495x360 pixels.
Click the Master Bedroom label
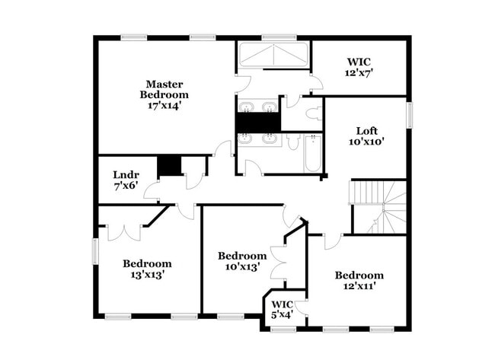tap(164, 89)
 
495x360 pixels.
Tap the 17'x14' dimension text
tap(164, 106)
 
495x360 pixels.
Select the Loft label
tap(366, 130)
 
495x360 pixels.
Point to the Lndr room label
tap(126, 174)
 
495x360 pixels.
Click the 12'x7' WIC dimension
tap(359, 73)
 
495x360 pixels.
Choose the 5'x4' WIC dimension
tap(283, 314)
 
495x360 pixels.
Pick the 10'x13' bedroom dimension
tap(241, 267)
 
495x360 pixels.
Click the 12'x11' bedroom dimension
tap(359, 286)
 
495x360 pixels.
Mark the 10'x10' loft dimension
tap(366, 141)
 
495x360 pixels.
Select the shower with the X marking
tap(273, 55)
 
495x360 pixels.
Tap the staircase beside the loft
tap(379, 205)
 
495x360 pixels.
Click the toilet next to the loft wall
tap(313, 113)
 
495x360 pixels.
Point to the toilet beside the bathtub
tap(294, 142)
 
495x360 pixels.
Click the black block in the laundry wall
tap(169, 165)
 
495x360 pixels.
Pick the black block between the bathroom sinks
tap(258, 122)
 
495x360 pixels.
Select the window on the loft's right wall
tap(409, 114)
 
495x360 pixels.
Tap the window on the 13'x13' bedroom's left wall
tap(96, 251)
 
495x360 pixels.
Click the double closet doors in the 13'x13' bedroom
tap(123, 231)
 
